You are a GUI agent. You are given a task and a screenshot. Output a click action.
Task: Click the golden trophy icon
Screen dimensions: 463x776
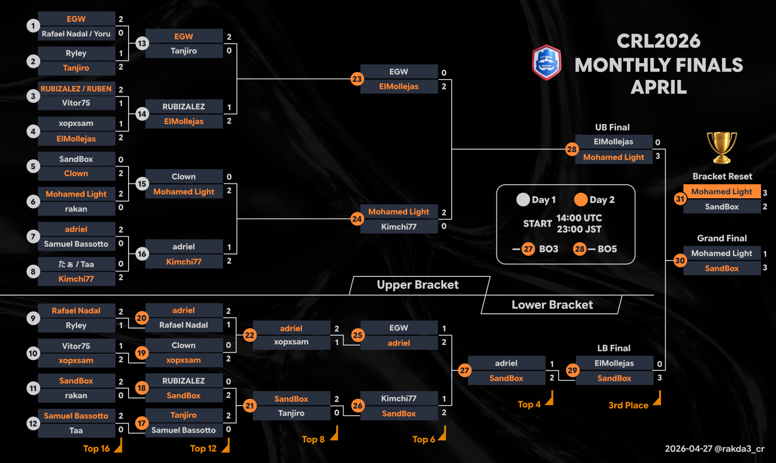click(722, 148)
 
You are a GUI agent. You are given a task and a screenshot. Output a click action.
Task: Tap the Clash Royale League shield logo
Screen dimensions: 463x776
click(546, 62)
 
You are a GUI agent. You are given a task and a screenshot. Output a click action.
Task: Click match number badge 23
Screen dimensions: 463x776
click(357, 79)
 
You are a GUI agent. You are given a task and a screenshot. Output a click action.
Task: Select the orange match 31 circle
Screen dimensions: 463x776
click(680, 199)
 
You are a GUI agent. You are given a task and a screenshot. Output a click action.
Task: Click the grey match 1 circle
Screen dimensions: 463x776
click(33, 26)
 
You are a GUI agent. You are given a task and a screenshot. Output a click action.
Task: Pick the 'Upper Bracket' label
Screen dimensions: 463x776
click(417, 285)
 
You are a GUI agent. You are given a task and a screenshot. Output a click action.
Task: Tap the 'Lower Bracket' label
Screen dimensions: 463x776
click(552, 305)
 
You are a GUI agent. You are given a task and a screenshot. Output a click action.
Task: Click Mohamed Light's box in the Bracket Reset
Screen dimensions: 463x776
click(721, 192)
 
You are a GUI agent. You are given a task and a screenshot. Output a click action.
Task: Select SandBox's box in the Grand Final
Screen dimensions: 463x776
click(721, 268)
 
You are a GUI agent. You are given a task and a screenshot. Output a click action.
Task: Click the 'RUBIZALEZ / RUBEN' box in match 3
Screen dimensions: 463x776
click(76, 89)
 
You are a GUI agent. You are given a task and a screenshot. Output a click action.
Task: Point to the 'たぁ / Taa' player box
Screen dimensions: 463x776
click(76, 264)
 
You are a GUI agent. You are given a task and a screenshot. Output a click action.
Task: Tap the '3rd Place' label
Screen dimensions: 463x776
click(628, 405)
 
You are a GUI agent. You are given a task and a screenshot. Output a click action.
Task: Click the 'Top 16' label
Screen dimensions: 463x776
click(96, 449)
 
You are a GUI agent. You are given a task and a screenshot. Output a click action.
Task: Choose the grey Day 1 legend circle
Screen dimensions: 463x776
click(523, 200)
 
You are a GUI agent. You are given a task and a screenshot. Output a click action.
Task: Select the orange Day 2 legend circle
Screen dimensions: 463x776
click(581, 200)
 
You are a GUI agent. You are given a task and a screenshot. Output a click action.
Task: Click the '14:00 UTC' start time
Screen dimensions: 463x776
click(579, 218)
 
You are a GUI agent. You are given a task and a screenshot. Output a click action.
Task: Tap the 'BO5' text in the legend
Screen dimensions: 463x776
click(607, 249)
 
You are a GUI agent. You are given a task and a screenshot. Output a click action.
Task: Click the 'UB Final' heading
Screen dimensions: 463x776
click(612, 127)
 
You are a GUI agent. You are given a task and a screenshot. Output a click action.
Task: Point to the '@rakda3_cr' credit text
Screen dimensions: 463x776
click(740, 449)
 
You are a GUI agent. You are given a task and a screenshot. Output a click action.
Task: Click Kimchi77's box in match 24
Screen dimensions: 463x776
click(399, 227)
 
